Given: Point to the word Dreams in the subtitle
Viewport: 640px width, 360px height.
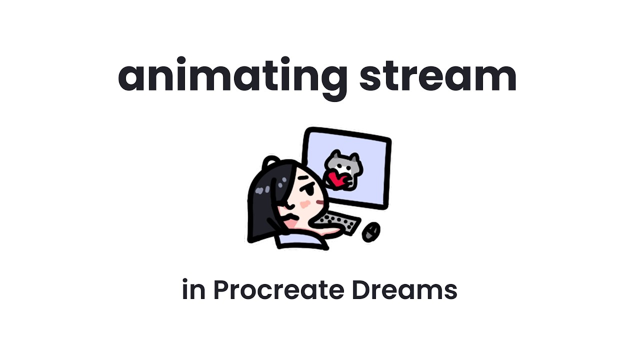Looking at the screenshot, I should click(404, 290).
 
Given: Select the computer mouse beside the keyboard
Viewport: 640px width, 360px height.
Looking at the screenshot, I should click(370, 231).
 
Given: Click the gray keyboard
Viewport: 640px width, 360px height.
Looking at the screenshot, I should click(340, 222).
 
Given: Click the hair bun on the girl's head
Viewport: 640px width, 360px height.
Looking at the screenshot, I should click(270, 161).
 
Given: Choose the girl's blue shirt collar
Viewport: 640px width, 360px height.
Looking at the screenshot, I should click(300, 242).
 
